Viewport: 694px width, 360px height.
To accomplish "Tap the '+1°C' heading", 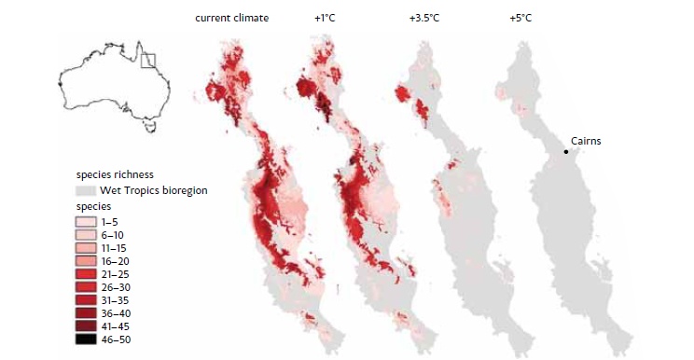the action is coord(326,19).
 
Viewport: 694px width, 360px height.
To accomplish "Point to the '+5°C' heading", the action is coord(520,19).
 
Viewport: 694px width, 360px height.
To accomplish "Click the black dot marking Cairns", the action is coord(565,152).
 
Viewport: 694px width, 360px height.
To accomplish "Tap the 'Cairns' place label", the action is coord(586,141).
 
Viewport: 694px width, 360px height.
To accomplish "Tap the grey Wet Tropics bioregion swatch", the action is coord(85,190).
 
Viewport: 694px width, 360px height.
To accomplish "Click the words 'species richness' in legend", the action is coord(115,173).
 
